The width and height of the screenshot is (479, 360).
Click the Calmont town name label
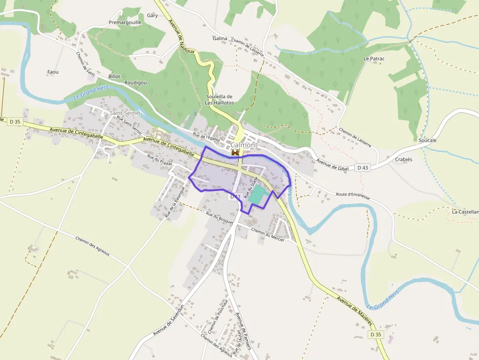click(243, 145)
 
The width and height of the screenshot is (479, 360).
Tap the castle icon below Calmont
click(236, 153)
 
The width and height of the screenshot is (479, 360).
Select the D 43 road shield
click(362, 168)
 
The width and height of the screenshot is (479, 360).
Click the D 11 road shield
click(235, 196)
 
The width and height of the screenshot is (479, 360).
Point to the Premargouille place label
click(125, 22)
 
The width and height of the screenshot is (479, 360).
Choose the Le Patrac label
click(374, 59)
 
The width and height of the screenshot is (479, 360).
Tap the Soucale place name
click(427, 140)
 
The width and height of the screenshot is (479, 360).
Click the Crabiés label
click(404, 159)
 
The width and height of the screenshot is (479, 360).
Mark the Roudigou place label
click(135, 83)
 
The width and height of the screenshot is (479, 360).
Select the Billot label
click(114, 77)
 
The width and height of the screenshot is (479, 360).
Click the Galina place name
click(220, 38)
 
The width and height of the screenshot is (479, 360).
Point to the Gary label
click(152, 16)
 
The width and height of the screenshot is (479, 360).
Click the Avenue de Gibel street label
click(332, 165)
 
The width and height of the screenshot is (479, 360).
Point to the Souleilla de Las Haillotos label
click(219, 100)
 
